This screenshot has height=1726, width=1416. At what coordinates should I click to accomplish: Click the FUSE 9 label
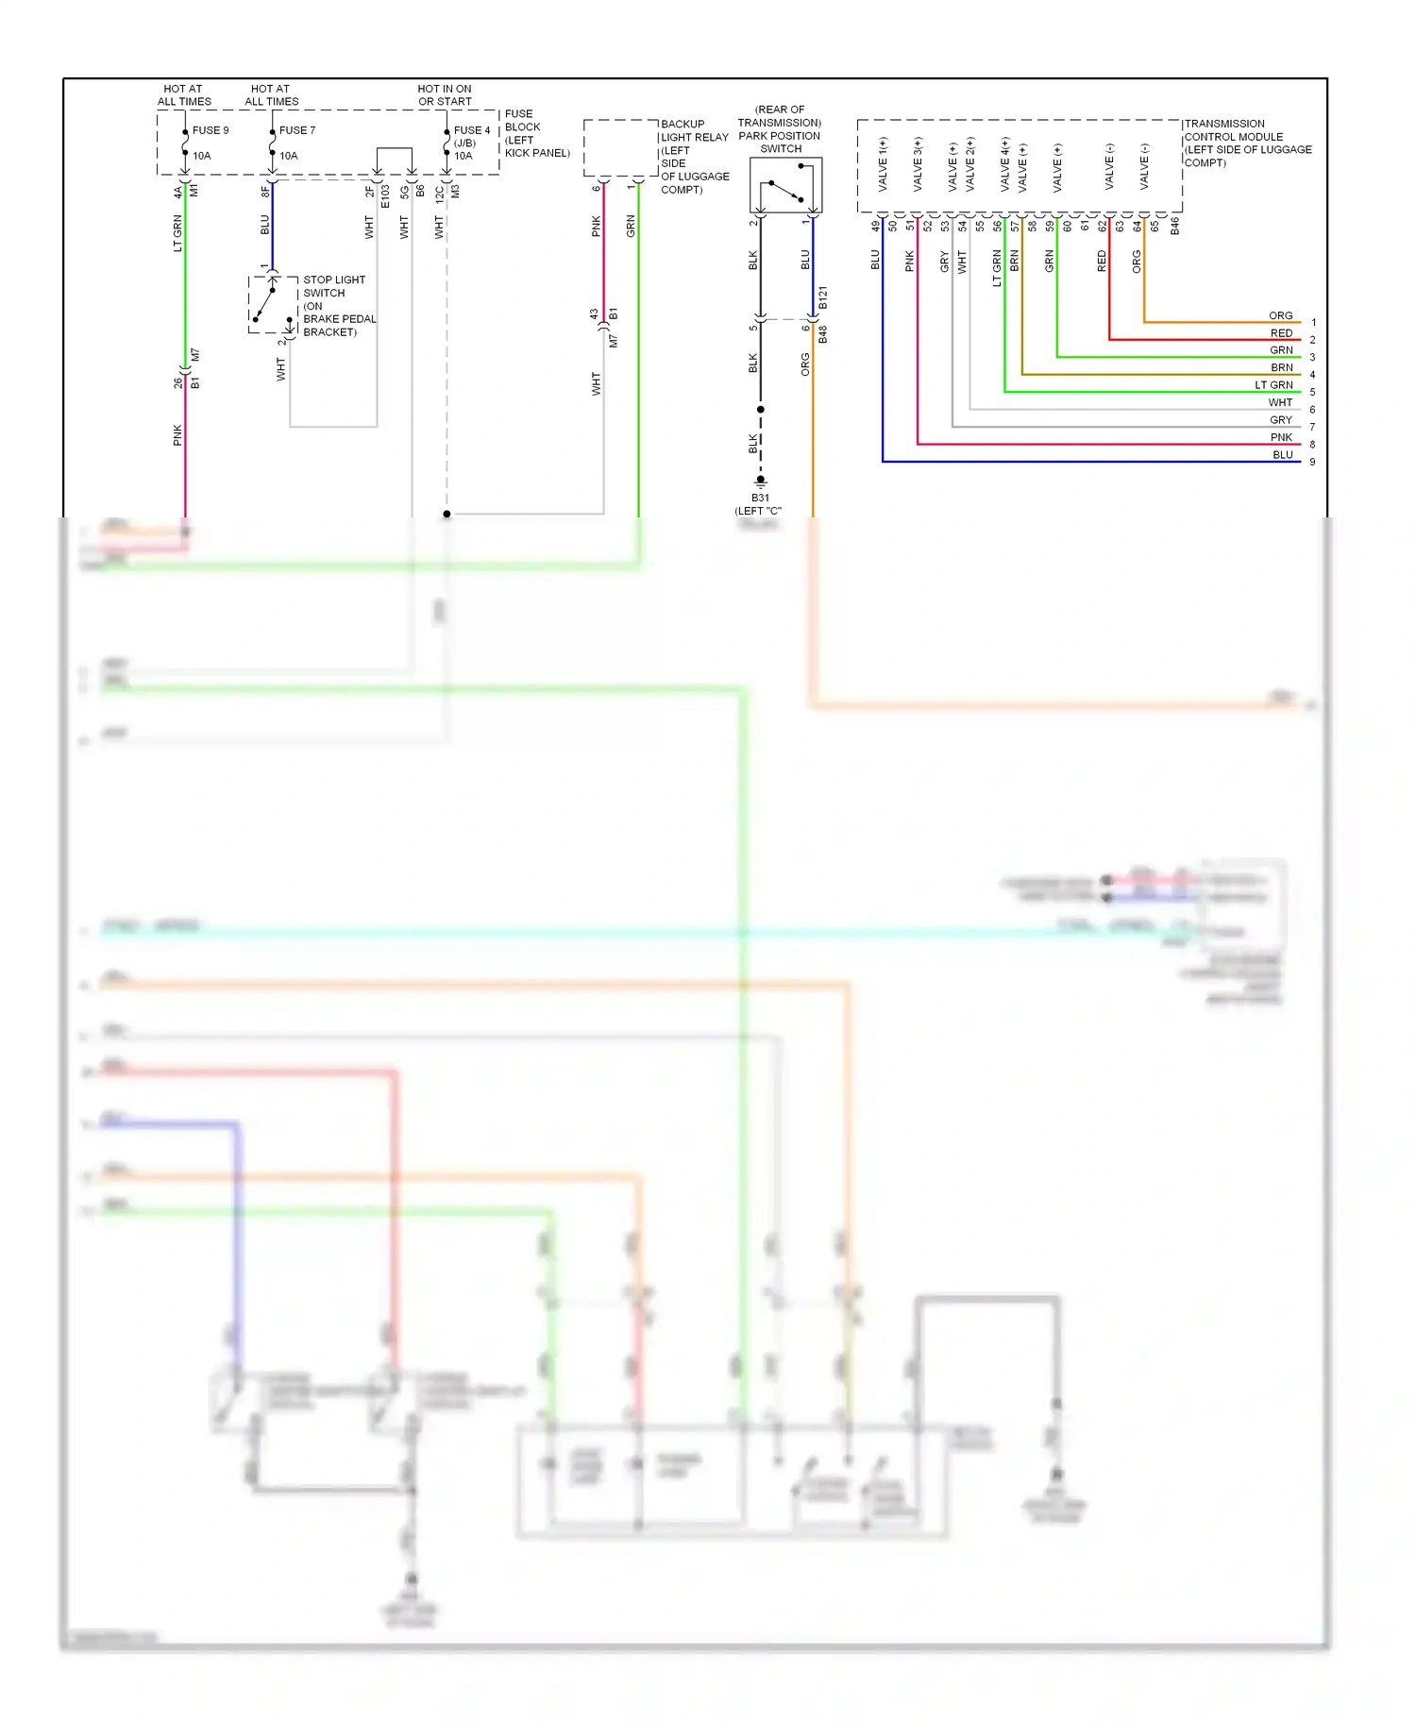(210, 130)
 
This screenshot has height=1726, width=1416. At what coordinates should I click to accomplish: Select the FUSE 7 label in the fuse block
(296, 130)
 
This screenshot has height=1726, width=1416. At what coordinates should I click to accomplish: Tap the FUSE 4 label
(471, 130)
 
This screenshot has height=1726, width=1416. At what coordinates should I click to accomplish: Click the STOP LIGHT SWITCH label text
(333, 286)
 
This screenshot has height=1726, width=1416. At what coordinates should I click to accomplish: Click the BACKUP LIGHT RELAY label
(694, 137)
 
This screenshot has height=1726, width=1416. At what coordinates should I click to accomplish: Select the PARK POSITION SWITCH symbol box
(785, 185)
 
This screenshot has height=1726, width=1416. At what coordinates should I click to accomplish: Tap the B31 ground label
(760, 498)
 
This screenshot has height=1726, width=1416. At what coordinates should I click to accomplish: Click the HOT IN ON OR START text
(445, 95)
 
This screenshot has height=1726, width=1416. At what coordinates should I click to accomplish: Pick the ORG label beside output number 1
(1280, 315)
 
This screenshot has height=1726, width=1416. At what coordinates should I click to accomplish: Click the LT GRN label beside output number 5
(1273, 385)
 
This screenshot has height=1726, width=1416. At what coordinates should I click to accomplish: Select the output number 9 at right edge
(1312, 462)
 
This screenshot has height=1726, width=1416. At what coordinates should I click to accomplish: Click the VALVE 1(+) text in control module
(883, 164)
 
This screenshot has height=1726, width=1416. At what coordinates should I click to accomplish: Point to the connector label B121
(822, 297)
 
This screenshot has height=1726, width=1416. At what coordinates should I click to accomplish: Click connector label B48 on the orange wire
(822, 334)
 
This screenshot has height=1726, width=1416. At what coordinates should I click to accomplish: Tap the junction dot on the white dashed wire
(447, 514)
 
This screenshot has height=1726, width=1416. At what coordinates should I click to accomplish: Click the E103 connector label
(385, 196)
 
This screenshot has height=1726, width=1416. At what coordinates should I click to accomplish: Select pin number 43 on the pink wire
(594, 313)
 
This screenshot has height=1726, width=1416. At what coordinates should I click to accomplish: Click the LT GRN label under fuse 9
(177, 233)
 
